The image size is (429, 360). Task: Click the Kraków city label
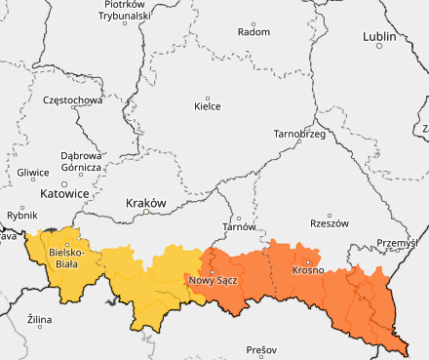(x=147, y=203)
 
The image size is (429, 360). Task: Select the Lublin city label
(x=379, y=37)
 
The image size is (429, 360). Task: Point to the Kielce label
(x=208, y=106)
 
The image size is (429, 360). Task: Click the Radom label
(x=253, y=31)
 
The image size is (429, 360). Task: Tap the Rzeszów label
(x=329, y=223)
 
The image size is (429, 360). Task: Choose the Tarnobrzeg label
(x=298, y=133)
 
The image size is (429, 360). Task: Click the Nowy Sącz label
(x=213, y=281)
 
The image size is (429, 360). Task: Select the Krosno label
(x=307, y=270)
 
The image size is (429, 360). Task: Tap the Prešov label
(x=261, y=349)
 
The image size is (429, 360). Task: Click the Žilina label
(x=40, y=319)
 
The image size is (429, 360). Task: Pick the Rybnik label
(x=21, y=214)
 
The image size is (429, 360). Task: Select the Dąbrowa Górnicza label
(x=81, y=161)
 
